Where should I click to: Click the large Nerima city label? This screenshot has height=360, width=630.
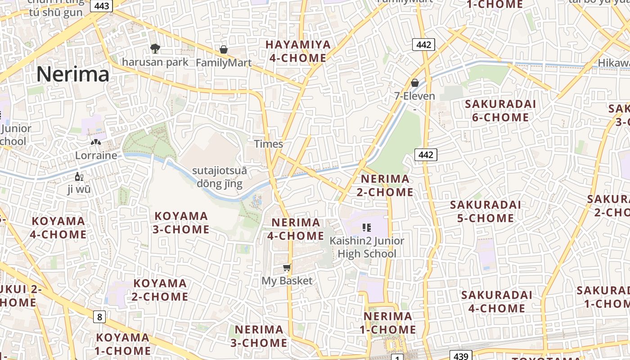(73, 74)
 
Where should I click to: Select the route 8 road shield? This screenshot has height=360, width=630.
(99, 317)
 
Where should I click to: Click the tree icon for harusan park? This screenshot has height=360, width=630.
(155, 48)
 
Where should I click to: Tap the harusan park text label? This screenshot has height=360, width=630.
(155, 62)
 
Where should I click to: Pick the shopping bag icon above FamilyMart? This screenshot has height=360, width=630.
(224, 49)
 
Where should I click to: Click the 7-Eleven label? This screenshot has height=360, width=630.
(414, 96)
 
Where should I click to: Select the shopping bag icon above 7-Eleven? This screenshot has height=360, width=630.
(415, 83)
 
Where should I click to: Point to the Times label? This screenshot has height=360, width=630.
(269, 144)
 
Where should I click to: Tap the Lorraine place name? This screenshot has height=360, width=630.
(96, 156)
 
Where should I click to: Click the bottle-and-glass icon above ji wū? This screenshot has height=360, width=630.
(79, 177)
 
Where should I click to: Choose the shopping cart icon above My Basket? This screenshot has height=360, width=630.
(287, 268)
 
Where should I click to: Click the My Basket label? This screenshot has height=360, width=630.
(287, 281)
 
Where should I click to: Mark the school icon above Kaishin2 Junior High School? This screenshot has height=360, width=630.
(366, 228)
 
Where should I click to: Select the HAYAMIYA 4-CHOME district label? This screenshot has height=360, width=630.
(298, 51)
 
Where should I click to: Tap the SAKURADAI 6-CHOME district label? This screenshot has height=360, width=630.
(500, 111)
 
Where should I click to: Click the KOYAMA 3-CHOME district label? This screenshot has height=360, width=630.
(181, 223)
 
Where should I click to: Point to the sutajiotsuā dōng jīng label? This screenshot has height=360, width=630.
(220, 177)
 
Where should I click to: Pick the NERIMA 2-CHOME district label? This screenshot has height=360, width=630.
(385, 185)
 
